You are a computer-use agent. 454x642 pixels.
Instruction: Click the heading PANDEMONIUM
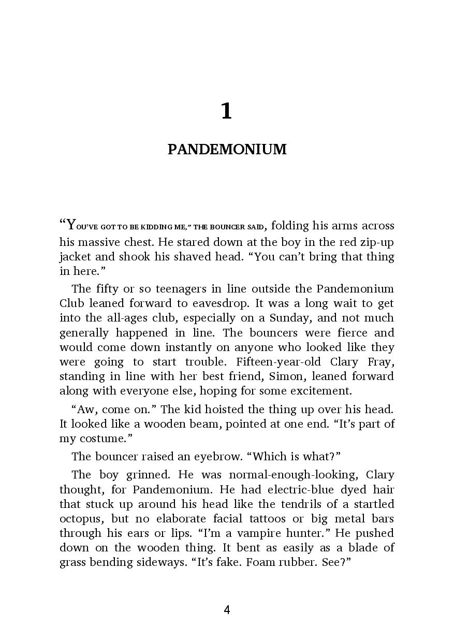[x=227, y=150]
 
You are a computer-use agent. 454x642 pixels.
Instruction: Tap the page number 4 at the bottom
[x=227, y=610]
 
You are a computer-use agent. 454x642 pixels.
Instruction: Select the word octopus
[x=79, y=519]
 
